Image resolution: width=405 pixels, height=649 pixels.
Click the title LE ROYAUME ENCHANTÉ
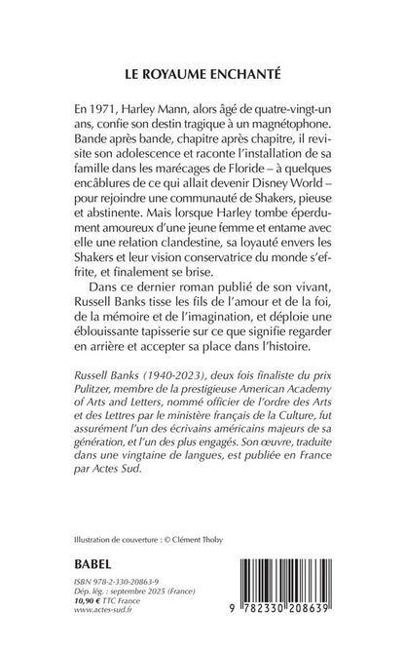pyautogui.click(x=202, y=72)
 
